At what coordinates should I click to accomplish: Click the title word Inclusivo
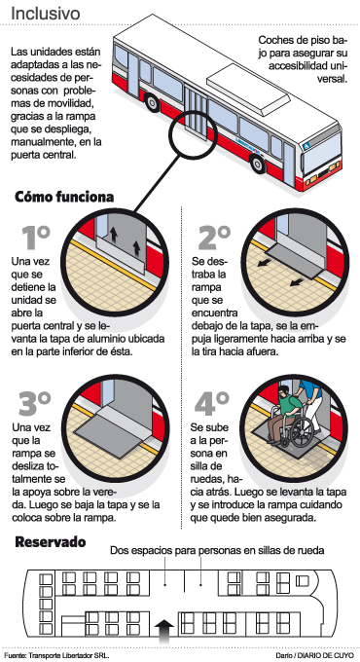point(45,14)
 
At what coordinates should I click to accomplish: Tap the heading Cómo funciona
point(64,197)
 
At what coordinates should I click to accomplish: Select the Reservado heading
point(51,542)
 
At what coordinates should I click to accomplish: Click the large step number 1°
point(36,238)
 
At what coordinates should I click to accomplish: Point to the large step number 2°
point(214,238)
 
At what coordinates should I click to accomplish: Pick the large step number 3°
point(35,404)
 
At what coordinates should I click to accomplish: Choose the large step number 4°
point(212,404)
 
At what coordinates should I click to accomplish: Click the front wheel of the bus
point(258,164)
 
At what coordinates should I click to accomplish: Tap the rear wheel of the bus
point(152,102)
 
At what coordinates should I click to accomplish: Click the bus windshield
point(322,153)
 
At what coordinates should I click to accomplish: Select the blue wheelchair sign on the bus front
point(306,146)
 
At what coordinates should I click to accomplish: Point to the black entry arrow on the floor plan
point(164,631)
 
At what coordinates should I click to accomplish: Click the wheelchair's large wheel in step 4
point(303,432)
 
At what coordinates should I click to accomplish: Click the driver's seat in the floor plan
point(303,581)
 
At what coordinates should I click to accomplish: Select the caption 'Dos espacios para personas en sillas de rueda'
point(217,551)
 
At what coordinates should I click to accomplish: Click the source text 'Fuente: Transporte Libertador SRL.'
point(57,655)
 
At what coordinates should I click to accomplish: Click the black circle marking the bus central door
point(188,135)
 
